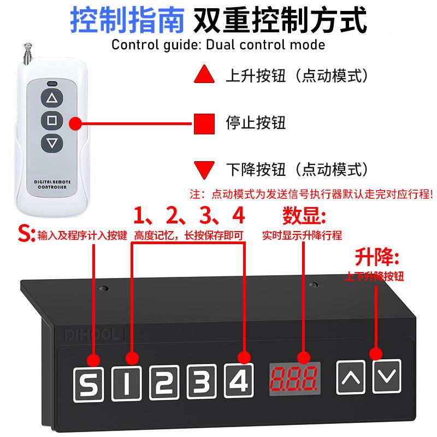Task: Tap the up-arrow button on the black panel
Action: pyautogui.click(x=352, y=377)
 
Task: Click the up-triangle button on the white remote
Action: pyautogui.click(x=51, y=98)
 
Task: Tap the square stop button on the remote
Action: pyautogui.click(x=51, y=121)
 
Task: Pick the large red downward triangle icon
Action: pyautogui.click(x=204, y=169)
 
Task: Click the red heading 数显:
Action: pyautogui.click(x=304, y=215)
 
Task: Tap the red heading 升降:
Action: pyautogui.click(x=377, y=256)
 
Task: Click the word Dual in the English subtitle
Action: pyautogui.click(x=223, y=45)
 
